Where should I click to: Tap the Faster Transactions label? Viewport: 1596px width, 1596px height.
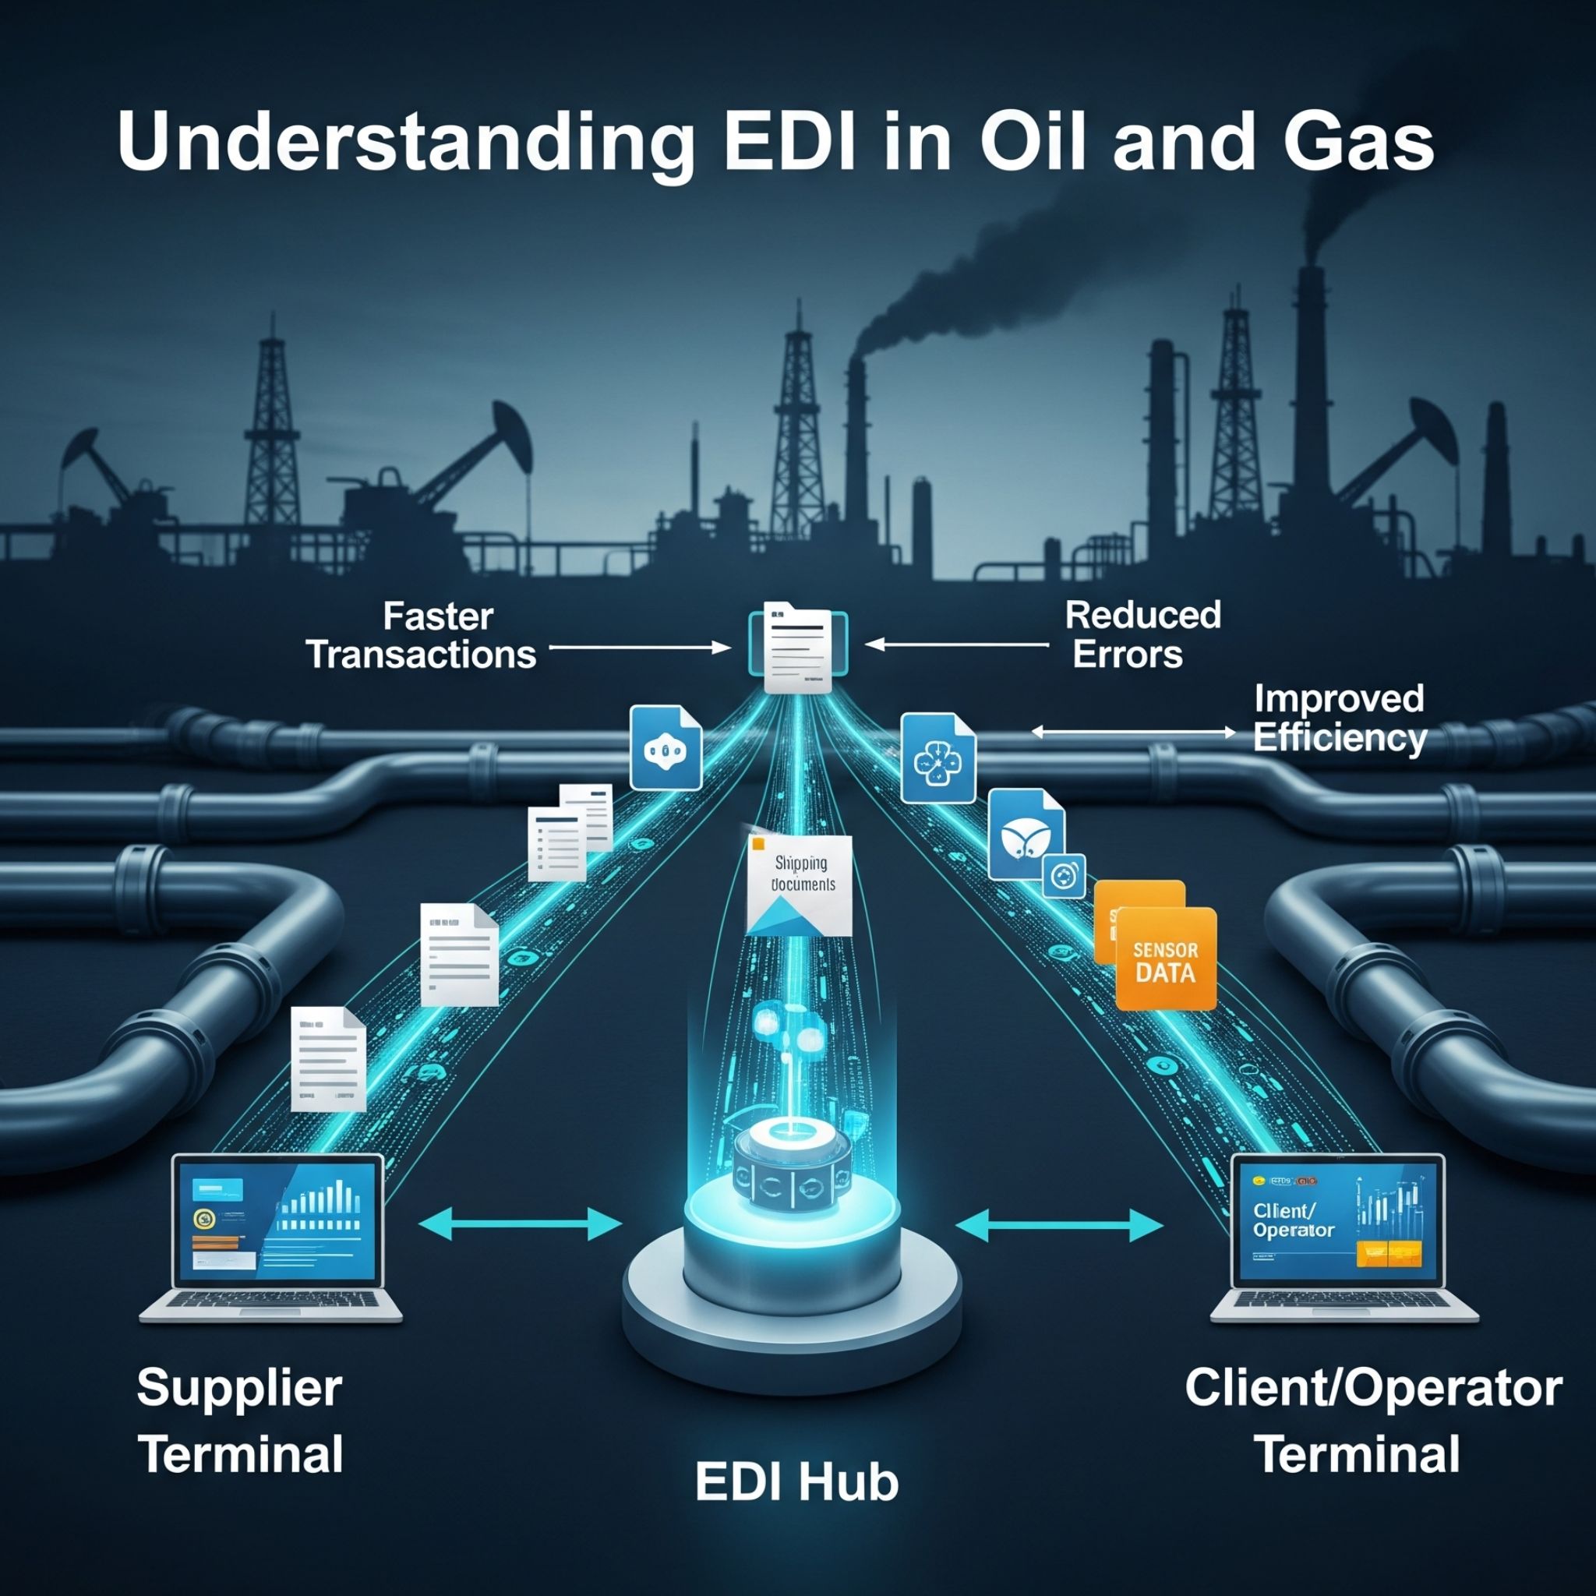(x=422, y=636)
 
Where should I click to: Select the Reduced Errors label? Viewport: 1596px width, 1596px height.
(x=1142, y=634)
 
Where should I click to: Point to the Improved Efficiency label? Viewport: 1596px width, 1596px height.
(x=1338, y=717)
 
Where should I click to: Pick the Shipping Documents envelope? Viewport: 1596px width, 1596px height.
(x=799, y=885)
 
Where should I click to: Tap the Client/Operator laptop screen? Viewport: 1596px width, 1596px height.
(x=1337, y=1220)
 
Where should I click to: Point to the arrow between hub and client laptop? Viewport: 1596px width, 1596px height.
(x=1059, y=1224)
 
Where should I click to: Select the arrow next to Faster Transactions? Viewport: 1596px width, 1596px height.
(x=639, y=648)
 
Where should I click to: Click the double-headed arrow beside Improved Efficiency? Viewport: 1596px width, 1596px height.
(x=1133, y=732)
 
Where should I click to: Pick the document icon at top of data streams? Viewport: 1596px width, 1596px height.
(x=797, y=647)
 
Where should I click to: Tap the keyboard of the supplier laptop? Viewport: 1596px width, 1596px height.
(x=271, y=1305)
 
